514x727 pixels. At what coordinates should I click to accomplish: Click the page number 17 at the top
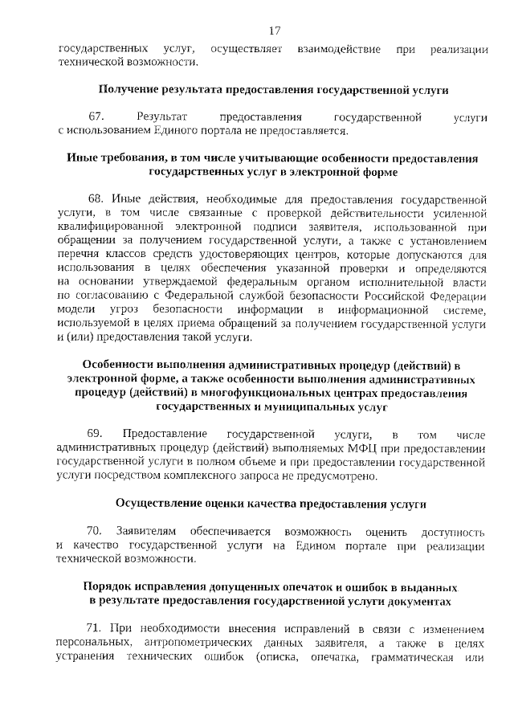tap(275, 31)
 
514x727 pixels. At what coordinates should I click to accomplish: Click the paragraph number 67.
tap(97, 118)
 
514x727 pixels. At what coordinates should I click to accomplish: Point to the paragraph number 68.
tap(97, 198)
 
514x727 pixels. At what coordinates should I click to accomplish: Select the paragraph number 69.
tap(96, 435)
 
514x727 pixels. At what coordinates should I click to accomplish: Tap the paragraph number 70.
tap(96, 533)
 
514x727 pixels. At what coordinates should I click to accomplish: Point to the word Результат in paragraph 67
tap(162, 118)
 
